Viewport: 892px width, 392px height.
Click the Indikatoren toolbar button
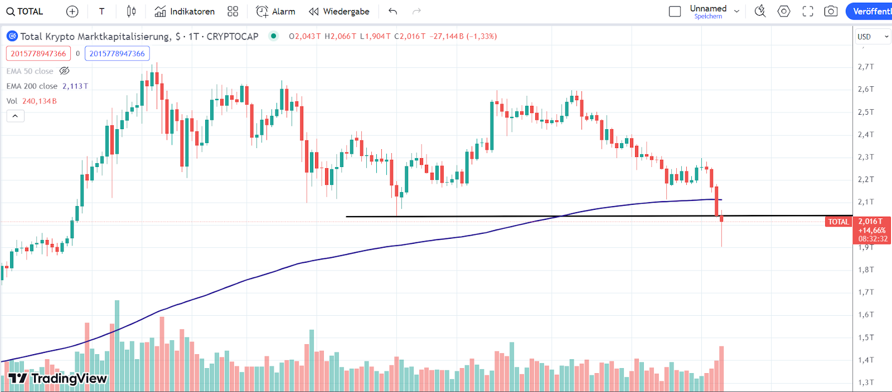185,11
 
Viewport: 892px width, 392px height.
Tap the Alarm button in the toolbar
275,11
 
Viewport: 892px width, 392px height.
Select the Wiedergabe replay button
339,11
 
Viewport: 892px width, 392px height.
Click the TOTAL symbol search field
25,11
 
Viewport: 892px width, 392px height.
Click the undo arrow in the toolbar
393,11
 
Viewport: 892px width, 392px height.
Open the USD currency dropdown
872,37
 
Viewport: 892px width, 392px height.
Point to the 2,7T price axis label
865,67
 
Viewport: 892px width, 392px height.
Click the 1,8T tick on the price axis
865,269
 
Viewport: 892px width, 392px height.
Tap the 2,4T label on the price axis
865,134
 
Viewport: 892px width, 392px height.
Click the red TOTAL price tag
838,222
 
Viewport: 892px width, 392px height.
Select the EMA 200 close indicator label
32,86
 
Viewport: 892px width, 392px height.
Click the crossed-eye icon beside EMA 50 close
65,71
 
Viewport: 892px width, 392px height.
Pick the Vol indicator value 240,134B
40,101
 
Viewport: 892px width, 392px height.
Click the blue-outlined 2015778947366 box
117,53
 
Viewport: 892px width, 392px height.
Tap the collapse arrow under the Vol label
15,116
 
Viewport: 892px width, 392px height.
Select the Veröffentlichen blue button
871,11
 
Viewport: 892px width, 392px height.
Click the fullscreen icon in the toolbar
808,11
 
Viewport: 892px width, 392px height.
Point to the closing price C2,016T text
410,36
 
